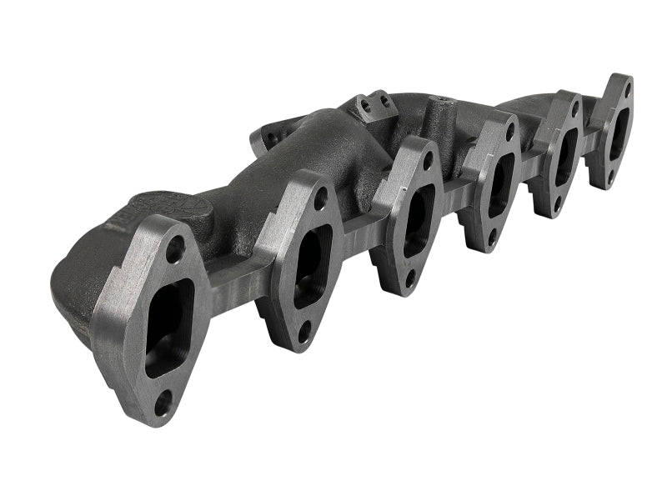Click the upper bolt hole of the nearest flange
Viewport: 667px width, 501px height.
pyautogui.click(x=174, y=248)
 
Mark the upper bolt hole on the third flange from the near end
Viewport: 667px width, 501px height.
pyautogui.click(x=426, y=163)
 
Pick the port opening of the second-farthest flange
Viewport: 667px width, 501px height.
pyautogui.click(x=566, y=156)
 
